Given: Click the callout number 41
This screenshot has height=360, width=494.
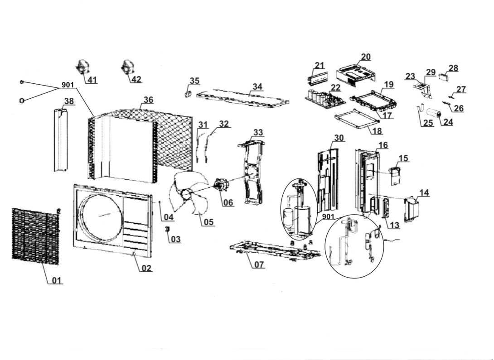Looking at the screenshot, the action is [92, 80].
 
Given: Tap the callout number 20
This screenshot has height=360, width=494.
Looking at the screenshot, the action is [366, 57].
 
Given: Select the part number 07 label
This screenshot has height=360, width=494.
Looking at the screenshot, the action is [259, 264].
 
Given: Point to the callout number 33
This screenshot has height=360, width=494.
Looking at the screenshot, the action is [258, 133].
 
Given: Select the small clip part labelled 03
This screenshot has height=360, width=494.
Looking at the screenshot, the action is [167, 229].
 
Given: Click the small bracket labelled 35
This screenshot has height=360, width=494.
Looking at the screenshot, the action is [189, 94].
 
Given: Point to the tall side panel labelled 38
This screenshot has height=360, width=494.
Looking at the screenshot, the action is [60, 140].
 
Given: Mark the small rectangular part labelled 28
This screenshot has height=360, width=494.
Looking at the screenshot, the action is [444, 77].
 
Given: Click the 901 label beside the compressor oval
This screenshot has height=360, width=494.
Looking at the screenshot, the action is [328, 217].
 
